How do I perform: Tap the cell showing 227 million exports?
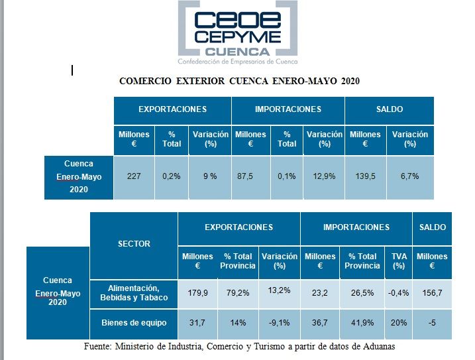133,176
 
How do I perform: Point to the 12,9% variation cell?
324,176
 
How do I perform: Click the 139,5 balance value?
365,176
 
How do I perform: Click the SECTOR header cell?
134,244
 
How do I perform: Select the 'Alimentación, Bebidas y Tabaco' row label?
134,292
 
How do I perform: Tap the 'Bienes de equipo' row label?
134,323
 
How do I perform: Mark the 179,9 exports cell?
197,292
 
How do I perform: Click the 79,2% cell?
238,292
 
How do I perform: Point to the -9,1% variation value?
279,323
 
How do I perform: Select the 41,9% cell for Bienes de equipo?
362,323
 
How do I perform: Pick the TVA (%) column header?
398,261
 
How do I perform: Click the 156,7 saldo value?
431,292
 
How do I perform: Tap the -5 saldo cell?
431,323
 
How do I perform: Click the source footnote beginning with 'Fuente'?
239,346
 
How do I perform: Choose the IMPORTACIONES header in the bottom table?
356,227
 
